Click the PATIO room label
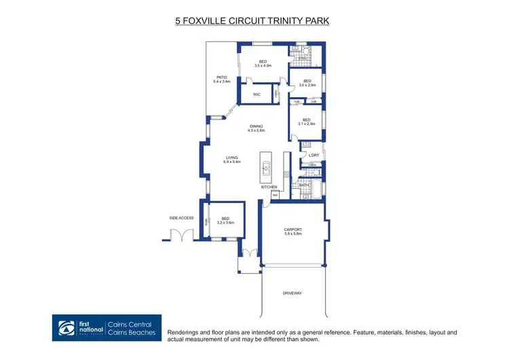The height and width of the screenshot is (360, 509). [x=222, y=79]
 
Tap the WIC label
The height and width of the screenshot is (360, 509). [x=257, y=94]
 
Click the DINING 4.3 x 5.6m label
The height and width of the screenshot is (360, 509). [x=256, y=127]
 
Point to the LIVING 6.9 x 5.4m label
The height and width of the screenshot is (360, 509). [x=233, y=160]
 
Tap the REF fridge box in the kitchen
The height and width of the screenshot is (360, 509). [x=276, y=195]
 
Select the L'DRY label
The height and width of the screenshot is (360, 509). [x=314, y=156]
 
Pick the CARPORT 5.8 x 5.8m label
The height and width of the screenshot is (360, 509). [x=293, y=232]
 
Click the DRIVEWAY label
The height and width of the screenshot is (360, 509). [x=293, y=293]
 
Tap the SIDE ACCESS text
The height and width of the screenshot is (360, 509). [x=181, y=218]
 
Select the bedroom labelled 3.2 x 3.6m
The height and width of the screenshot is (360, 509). [x=225, y=220]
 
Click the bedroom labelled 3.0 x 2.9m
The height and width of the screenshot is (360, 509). [x=307, y=83]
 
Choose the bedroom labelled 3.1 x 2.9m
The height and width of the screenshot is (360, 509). [x=307, y=122]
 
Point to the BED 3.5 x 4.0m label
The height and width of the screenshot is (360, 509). [x=263, y=63]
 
